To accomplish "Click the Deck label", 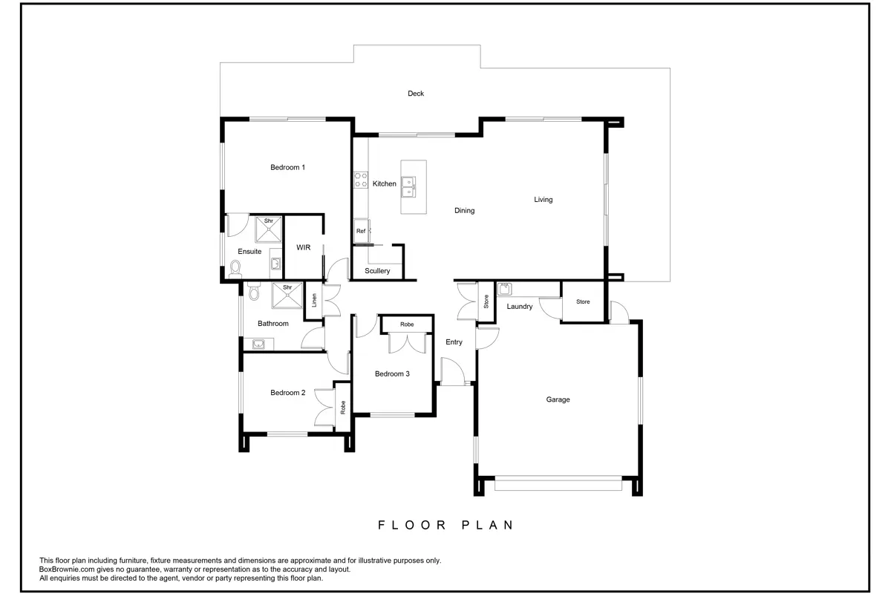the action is pos(416,94).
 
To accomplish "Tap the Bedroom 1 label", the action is pos(287,168).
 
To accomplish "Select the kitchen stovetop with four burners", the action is pos(361,180).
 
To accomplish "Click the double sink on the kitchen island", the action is pos(408,187).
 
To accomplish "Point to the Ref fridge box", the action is pos(362,231).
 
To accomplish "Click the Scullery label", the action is pos(377,271).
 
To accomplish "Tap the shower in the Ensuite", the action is pos(268,229).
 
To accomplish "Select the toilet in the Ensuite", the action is pos(235,269).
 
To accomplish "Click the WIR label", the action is pos(303,247).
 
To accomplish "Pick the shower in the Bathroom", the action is pos(287,296).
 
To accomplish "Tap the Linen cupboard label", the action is pos(314,301).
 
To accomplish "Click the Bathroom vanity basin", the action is pos(258,344).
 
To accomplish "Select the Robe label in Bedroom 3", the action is pos(407,324).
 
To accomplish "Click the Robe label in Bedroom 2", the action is pos(343,408).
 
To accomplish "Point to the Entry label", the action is pos(454,342).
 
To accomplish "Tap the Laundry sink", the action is pos(504,289).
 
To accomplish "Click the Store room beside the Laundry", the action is pos(583,301).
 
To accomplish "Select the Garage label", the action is pos(558,399).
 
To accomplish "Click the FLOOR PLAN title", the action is pos(446,525).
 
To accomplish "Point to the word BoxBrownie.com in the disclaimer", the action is pos(67,569).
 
